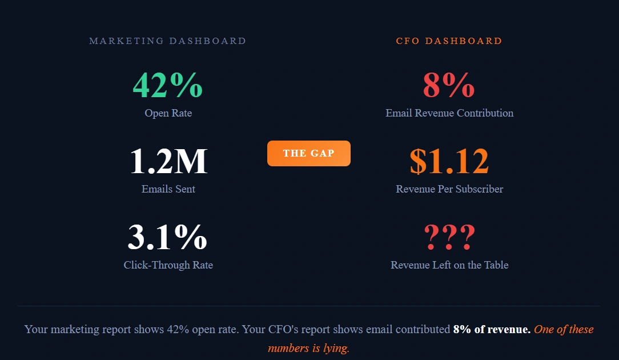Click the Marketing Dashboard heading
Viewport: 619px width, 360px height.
click(168, 41)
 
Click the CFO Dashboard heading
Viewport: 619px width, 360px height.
click(449, 41)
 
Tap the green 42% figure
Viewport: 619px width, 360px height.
click(168, 85)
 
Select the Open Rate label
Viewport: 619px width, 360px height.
click(168, 113)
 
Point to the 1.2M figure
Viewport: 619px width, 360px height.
click(168, 161)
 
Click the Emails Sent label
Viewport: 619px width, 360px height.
click(168, 189)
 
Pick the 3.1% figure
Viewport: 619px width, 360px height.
click(167, 237)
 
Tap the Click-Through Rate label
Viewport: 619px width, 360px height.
click(168, 265)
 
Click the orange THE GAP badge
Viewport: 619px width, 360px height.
click(309, 153)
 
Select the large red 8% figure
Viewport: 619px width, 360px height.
click(449, 85)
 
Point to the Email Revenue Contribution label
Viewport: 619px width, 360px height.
click(449, 113)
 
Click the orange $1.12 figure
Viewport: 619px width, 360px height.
click(449, 161)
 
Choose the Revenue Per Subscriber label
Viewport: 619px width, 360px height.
click(449, 189)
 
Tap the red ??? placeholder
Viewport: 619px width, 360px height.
click(449, 237)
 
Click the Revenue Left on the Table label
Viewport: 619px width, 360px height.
click(449, 265)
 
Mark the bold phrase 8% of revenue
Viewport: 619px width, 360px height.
click(492, 329)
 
